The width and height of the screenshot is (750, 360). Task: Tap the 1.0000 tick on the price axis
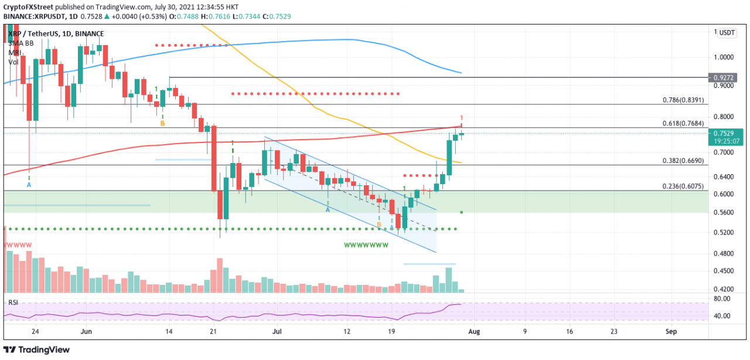[x=725, y=57]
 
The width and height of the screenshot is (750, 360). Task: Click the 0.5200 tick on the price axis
[x=725, y=233]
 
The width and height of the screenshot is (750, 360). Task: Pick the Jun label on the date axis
[x=86, y=331]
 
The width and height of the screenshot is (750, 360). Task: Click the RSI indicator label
[x=13, y=303]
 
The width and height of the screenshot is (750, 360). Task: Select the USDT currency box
[x=727, y=33]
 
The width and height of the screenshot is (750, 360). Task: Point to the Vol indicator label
[x=13, y=62]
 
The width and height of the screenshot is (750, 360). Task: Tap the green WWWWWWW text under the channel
[x=366, y=245]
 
